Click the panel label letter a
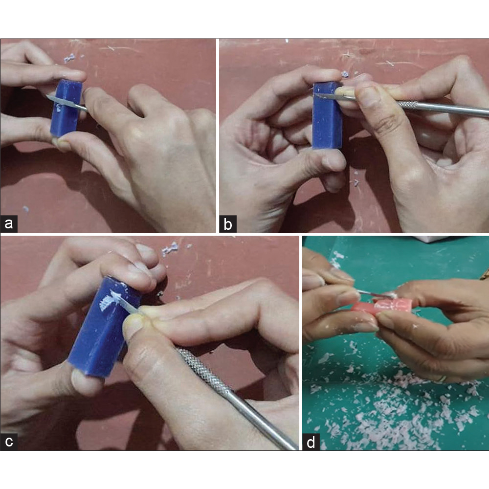[x=9, y=224]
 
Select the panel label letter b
[x=228, y=224]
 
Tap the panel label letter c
[x=9, y=441]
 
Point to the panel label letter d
[x=311, y=442]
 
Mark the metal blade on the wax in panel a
[x=61, y=101]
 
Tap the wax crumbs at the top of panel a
[x=69, y=58]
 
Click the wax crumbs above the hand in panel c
[x=170, y=248]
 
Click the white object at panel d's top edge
[x=435, y=239]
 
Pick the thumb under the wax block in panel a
[x=64, y=143]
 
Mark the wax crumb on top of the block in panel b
[x=345, y=74]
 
